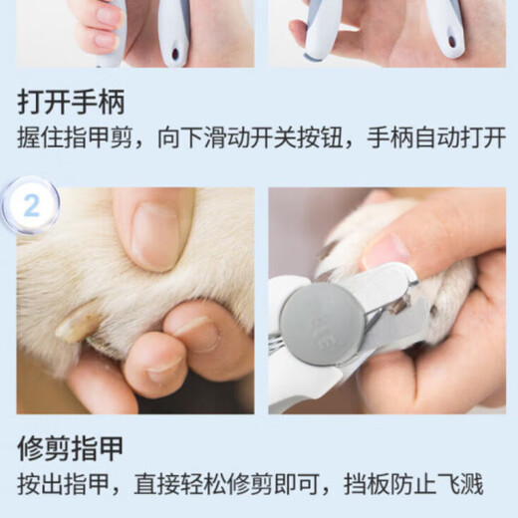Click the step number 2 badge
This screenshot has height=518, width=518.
tap(30, 205)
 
